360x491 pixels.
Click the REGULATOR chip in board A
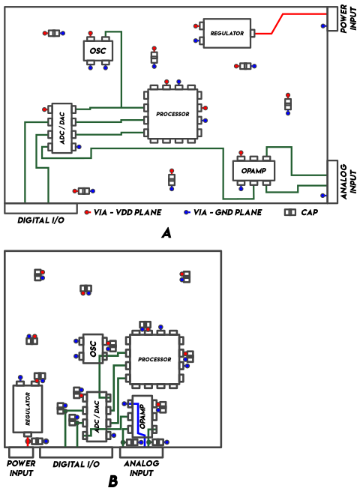[x=226, y=33]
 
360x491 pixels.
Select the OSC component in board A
[x=97, y=50]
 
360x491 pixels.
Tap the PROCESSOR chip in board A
[x=172, y=114]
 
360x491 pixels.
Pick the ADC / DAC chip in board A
[x=61, y=128]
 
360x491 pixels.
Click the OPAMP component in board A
[x=253, y=171]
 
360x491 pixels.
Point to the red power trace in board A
[x=277, y=23]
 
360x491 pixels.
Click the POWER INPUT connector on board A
[x=332, y=19]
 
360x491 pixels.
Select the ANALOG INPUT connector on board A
[x=332, y=181]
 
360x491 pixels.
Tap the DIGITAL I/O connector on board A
[x=40, y=208]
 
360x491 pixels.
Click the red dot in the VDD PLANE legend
[x=87, y=212]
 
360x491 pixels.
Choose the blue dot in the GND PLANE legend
[x=187, y=212]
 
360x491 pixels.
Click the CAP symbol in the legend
[x=289, y=212]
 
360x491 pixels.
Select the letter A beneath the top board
[x=166, y=233]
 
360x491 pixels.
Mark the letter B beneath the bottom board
[x=113, y=481]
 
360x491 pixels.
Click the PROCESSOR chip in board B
[x=154, y=359]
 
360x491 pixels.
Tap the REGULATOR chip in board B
[x=28, y=409]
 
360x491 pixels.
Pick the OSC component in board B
[x=93, y=349]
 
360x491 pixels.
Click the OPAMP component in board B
[x=142, y=417]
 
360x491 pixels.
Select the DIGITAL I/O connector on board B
[x=76, y=453]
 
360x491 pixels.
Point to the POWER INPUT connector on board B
[x=21, y=453]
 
